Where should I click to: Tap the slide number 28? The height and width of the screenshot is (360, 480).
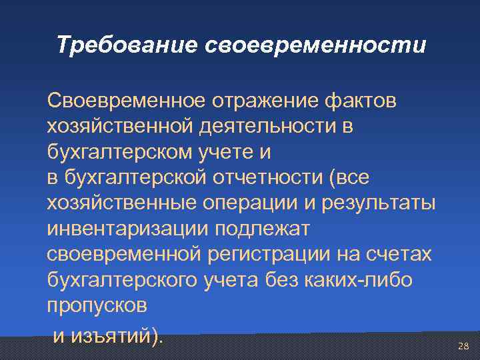[x=463, y=346]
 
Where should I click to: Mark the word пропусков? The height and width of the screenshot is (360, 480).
[x=97, y=307]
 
